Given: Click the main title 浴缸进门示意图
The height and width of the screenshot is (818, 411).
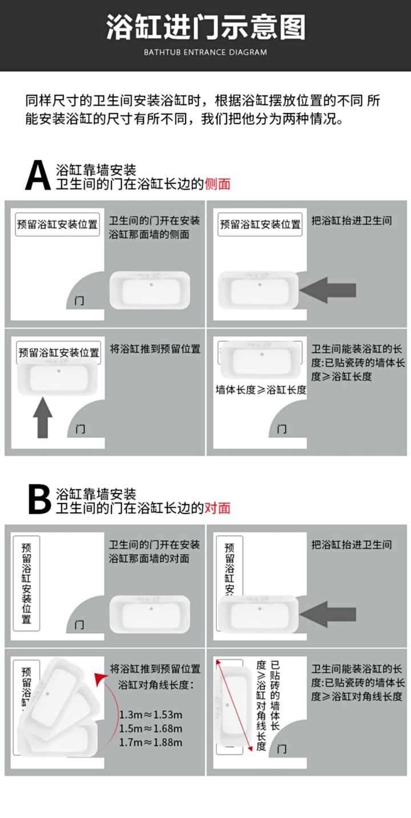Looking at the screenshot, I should click(205, 27).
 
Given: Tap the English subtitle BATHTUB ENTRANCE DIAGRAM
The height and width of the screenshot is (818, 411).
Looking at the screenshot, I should click(205, 52).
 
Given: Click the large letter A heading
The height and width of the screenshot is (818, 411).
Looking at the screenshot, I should click(38, 176).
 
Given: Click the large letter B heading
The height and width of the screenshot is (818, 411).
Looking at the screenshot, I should click(39, 500).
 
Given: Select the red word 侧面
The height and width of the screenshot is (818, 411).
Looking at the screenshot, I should click(217, 184).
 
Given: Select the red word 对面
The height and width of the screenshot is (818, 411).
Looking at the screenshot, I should click(217, 508).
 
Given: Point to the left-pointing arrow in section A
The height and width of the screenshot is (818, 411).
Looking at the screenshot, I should click(328, 291).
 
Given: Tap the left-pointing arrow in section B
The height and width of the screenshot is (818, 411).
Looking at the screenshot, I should click(328, 614).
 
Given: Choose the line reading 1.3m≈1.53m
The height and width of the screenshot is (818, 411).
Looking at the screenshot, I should click(151, 715).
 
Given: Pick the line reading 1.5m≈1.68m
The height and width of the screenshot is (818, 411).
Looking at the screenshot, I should click(151, 728).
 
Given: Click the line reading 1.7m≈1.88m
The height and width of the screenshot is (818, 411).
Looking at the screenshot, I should click(151, 742).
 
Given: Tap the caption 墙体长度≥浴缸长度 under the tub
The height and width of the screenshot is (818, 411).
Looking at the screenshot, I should click(261, 390).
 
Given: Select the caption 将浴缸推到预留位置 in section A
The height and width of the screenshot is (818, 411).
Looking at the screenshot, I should click(155, 349).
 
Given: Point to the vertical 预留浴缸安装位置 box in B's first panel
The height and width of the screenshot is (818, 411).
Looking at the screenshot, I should click(26, 582).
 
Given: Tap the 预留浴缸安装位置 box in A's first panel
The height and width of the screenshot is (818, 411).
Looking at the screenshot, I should click(57, 224).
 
